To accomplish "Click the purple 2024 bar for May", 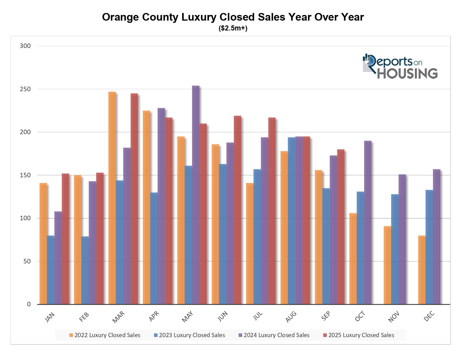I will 195,195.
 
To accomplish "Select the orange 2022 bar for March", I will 112,198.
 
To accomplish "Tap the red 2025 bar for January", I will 65,239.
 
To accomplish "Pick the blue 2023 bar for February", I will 85,270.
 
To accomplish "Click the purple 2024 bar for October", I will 368,222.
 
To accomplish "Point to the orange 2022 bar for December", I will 422,270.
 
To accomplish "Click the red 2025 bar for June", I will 238,210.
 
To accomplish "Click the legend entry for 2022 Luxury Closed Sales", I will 105,335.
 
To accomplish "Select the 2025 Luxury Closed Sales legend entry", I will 358,335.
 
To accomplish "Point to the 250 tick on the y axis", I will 25,89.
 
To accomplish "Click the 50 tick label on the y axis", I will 27,261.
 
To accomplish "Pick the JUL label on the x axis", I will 258,316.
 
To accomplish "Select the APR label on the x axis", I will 154,316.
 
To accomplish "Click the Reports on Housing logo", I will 400,66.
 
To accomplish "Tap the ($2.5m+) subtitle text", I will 233,28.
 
